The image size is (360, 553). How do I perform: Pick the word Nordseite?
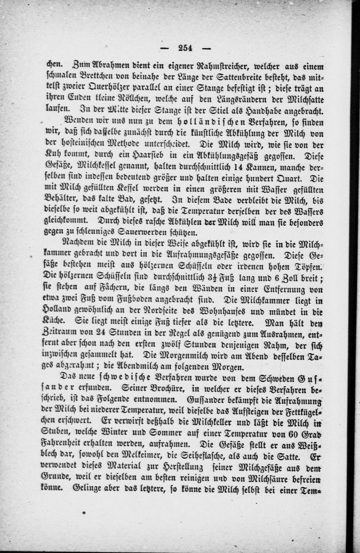pos(187,310)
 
